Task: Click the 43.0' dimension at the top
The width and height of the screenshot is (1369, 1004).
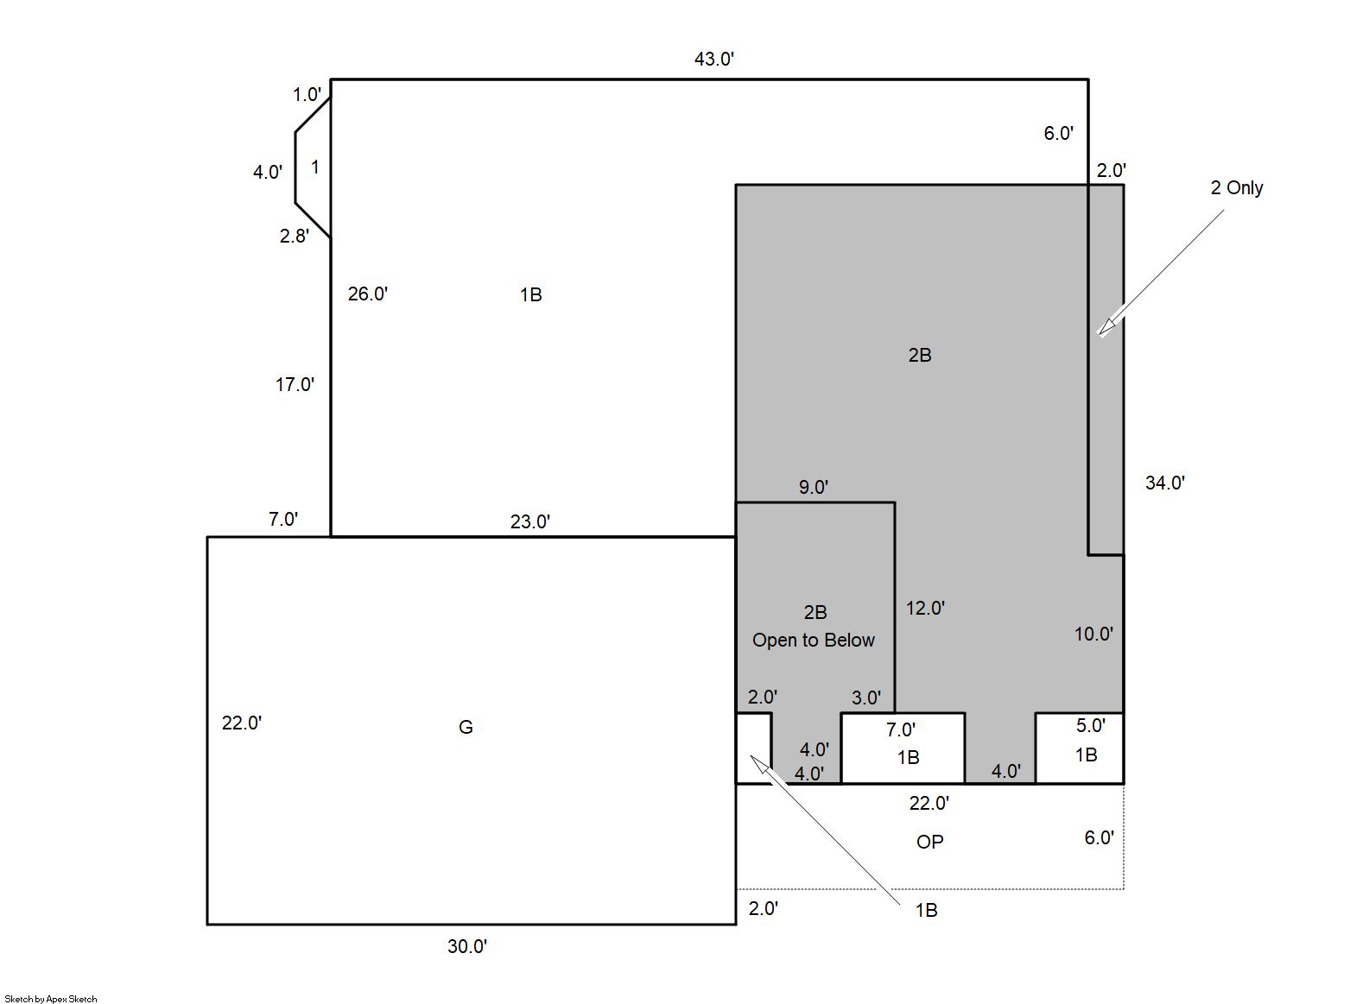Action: (713, 60)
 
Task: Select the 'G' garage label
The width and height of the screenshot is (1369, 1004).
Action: (466, 728)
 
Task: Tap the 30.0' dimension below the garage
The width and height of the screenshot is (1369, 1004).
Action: (467, 947)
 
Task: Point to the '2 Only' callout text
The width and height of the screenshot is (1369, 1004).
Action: (1236, 188)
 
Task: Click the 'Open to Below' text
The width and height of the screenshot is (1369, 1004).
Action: (814, 640)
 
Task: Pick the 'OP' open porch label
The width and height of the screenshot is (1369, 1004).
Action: (929, 843)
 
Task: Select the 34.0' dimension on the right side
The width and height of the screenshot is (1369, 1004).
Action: (1165, 483)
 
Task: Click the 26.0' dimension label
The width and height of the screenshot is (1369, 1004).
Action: (367, 294)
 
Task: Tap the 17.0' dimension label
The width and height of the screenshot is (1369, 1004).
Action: (295, 385)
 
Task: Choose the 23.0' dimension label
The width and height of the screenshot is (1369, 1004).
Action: (529, 521)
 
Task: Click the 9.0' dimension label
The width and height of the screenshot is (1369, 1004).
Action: (814, 488)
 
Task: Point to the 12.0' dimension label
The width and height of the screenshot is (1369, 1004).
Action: (925, 609)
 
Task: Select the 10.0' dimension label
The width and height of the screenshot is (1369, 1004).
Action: (1094, 635)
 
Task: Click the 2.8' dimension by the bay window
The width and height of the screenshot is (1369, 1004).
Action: (295, 236)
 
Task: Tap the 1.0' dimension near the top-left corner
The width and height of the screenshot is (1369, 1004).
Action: (307, 95)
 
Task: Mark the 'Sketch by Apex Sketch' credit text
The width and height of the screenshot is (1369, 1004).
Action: (51, 999)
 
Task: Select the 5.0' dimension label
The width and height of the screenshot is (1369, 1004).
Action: (1091, 725)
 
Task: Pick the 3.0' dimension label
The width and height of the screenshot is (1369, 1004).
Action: (866, 698)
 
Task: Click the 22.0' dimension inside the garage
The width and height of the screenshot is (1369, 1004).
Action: (241, 723)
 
